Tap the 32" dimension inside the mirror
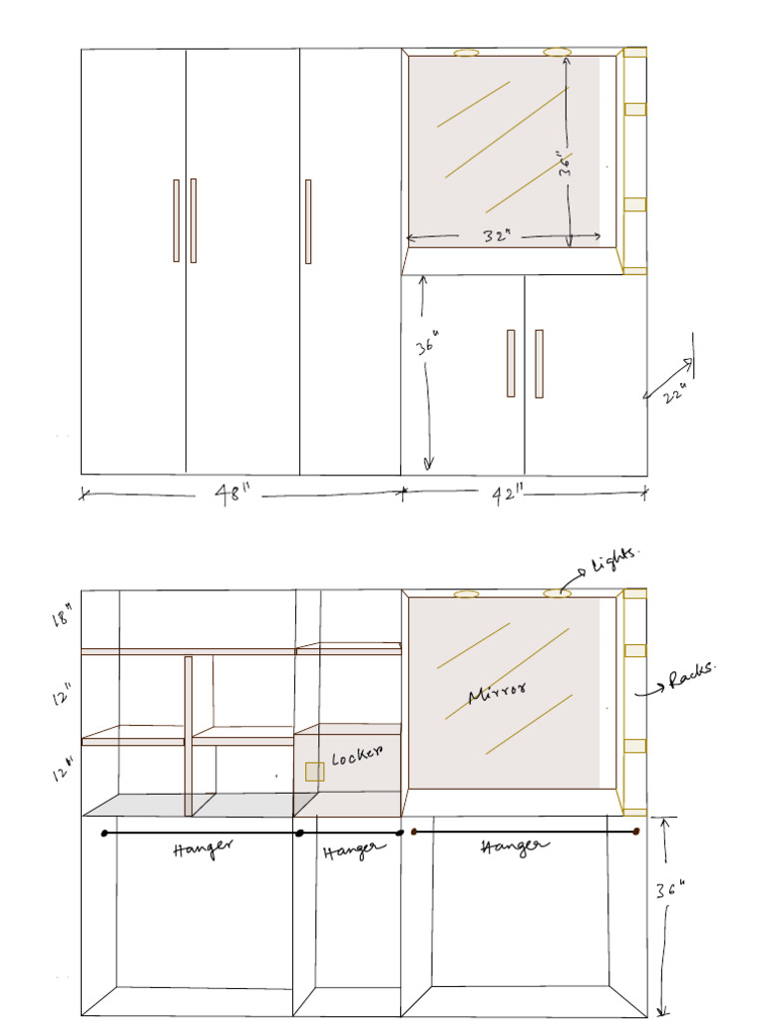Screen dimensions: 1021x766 point(497,236)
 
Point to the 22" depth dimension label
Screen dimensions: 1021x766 point(676,394)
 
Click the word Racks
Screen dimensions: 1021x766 point(693,679)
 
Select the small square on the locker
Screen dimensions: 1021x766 point(314,771)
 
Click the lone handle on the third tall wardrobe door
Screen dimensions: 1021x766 point(308,221)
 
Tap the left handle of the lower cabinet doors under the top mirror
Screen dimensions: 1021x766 point(511,363)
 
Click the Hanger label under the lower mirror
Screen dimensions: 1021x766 point(515,847)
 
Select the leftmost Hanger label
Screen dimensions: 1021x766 point(202,849)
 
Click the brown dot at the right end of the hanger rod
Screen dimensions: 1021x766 point(636,831)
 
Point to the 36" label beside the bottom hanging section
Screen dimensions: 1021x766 point(670,890)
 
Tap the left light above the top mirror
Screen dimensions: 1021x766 point(466,52)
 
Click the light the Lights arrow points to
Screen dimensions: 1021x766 point(557,593)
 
